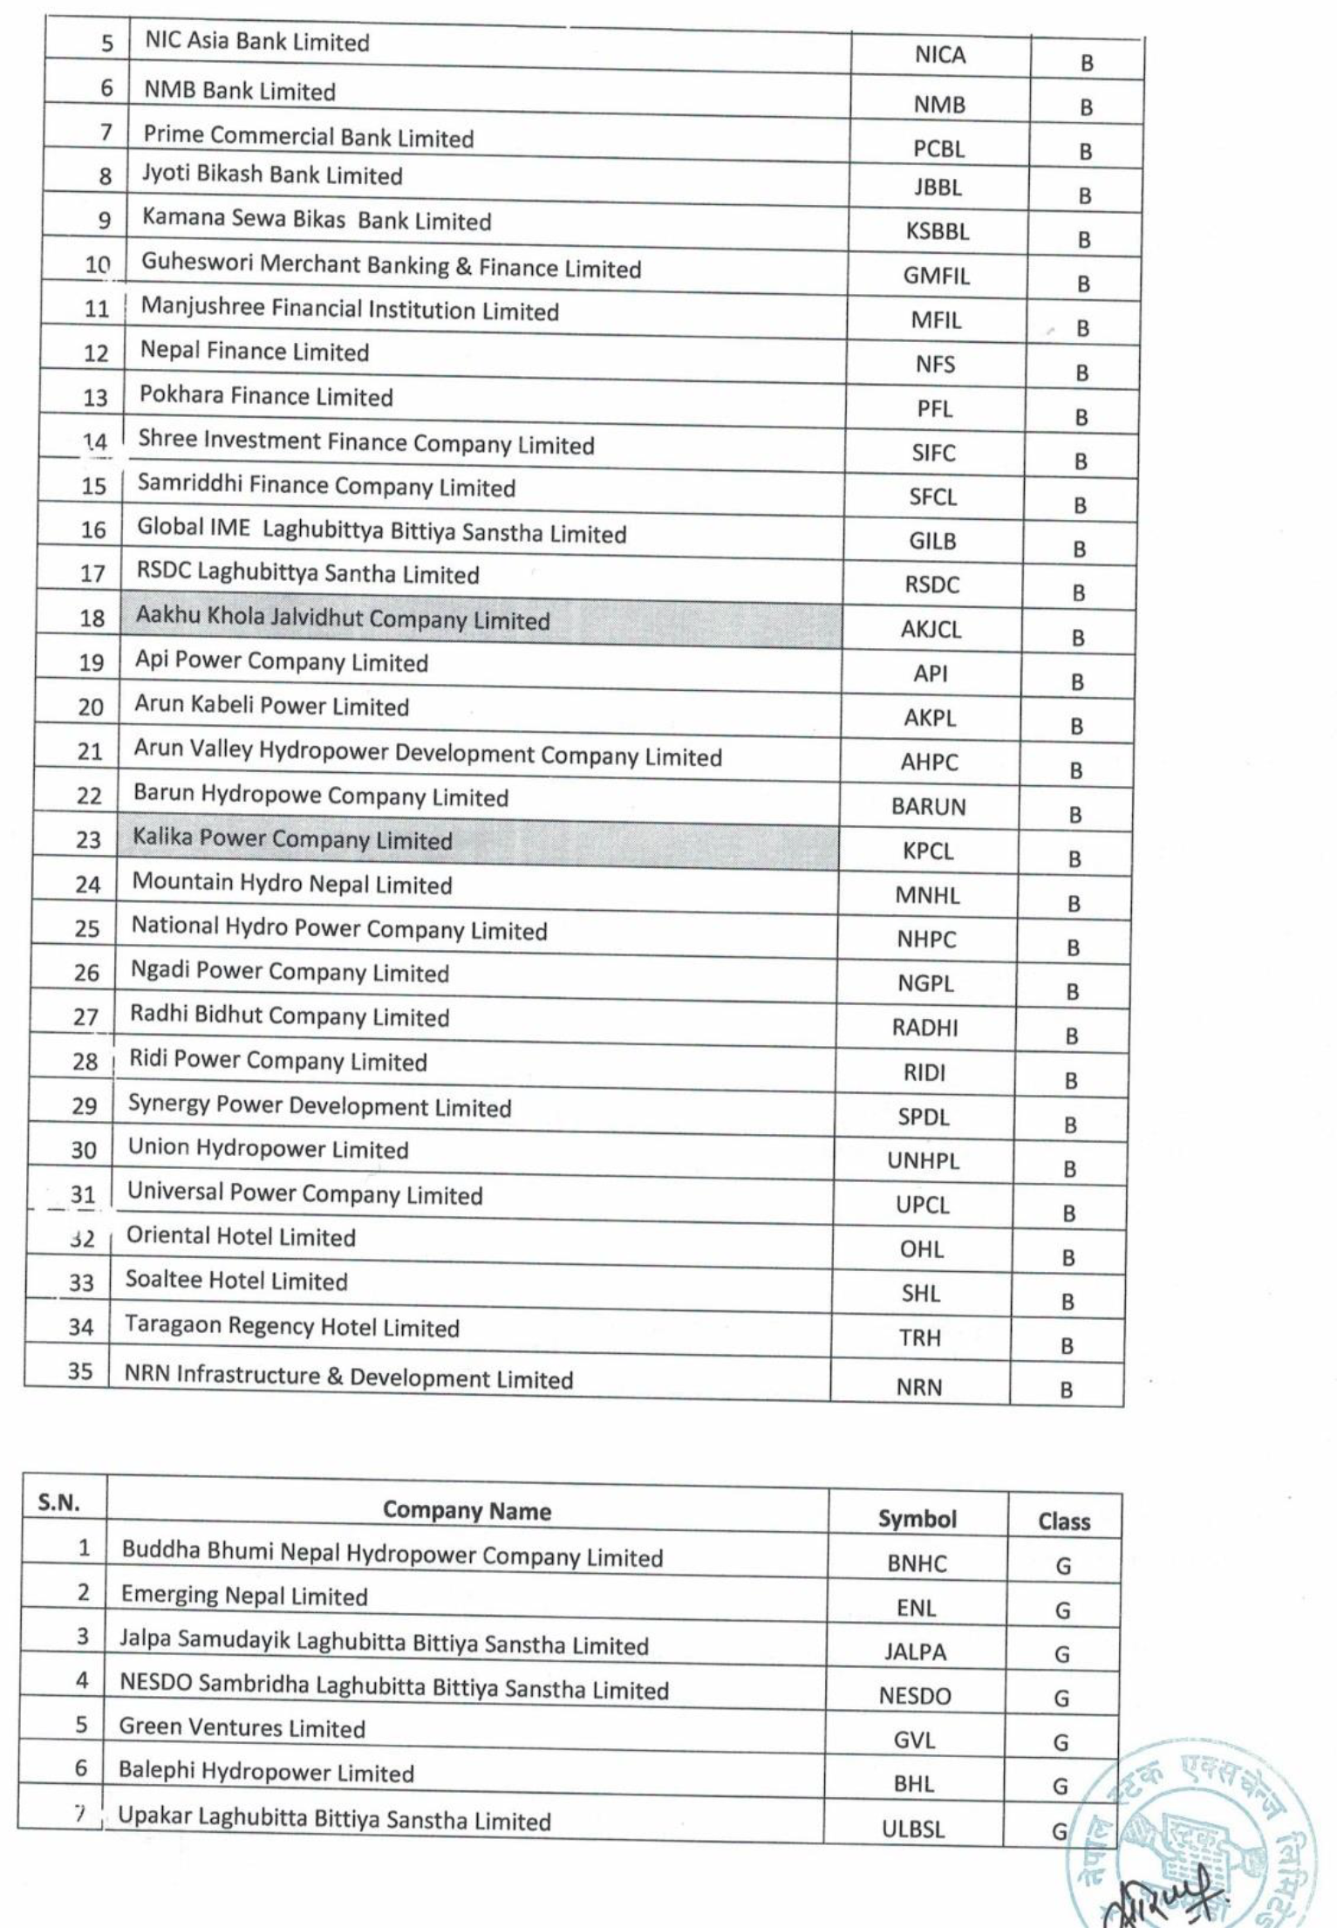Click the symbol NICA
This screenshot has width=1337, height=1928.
tap(939, 55)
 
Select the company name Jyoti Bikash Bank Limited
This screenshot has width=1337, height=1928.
tap(272, 174)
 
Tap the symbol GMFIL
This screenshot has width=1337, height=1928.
tap(936, 276)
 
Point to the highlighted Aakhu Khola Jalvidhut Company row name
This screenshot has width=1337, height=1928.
tap(343, 619)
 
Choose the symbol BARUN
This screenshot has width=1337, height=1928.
tap(928, 806)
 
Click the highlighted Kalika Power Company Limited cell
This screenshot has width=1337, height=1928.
tap(293, 839)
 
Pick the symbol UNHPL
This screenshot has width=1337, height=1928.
tap(923, 1161)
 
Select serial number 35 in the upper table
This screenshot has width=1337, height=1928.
tap(80, 1371)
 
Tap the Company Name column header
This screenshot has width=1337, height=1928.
tap(467, 1511)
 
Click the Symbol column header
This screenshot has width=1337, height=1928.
tap(917, 1519)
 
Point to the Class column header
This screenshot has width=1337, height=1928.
tap(1064, 1521)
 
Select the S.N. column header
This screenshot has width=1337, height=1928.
tap(59, 1502)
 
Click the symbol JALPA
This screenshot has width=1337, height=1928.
tap(915, 1652)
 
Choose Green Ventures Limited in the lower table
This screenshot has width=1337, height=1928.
tap(242, 1727)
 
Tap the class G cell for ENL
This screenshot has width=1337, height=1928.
tap(1062, 1610)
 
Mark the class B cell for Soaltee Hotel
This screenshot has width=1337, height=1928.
tap(1068, 1302)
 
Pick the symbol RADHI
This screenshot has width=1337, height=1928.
tap(924, 1028)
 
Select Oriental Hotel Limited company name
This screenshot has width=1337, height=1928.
tap(241, 1236)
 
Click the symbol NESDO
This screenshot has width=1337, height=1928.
tap(914, 1696)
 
